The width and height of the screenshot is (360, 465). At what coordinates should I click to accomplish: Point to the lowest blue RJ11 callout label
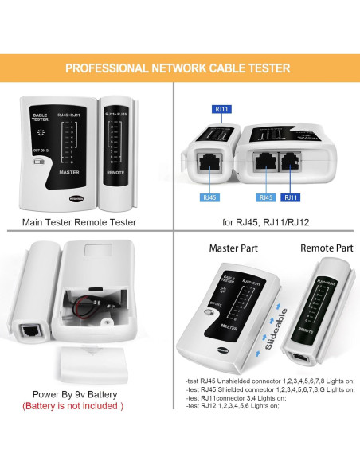tap(293, 196)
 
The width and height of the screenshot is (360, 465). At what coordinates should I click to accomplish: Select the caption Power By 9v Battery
tap(73, 393)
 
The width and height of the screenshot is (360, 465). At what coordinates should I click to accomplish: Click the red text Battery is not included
tap(73, 406)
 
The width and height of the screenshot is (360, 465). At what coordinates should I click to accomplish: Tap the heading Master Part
tap(234, 248)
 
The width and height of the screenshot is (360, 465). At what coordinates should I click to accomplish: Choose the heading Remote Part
tap(327, 248)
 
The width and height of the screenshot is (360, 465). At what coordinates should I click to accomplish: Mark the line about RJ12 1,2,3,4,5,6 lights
tap(233, 407)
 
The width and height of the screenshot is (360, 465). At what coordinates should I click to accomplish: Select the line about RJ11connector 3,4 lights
tap(240, 398)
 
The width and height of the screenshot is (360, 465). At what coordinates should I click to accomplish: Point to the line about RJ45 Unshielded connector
tap(269, 381)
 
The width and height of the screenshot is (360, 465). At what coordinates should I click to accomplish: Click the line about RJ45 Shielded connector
tap(269, 389)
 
